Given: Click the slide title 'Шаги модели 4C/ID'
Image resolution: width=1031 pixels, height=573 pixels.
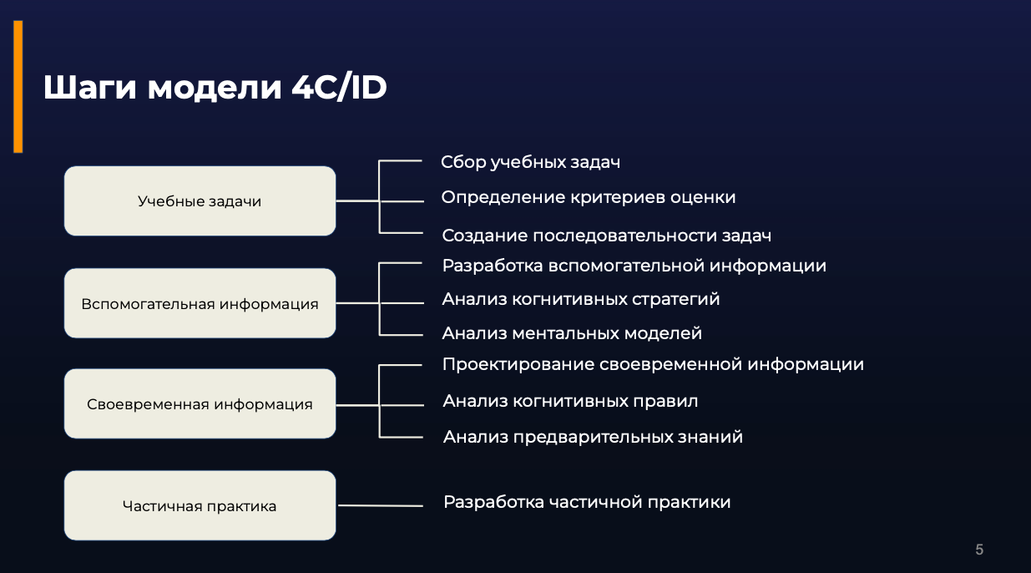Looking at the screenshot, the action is pyautogui.click(x=215, y=88).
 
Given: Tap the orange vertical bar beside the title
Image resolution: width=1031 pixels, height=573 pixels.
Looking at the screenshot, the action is pyautogui.click(x=18, y=87).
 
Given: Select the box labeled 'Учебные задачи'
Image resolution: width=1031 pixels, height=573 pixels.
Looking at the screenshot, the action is pyautogui.click(x=200, y=201).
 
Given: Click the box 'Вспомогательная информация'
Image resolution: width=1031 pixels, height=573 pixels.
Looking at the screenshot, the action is pyautogui.click(x=200, y=303).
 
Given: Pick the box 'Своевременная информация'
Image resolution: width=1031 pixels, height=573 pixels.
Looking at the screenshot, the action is pyautogui.click(x=200, y=404).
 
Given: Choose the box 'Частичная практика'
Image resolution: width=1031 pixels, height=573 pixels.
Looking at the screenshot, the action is pyautogui.click(x=200, y=505).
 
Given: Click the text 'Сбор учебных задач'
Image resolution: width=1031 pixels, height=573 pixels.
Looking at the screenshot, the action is pyautogui.click(x=530, y=163).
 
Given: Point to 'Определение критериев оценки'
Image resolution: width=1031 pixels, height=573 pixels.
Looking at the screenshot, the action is pyautogui.click(x=589, y=198).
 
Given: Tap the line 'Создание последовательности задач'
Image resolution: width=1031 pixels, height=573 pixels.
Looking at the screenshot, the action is pyautogui.click(x=607, y=236).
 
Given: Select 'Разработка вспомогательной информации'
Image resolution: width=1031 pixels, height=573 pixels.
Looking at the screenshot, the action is pyautogui.click(x=634, y=266).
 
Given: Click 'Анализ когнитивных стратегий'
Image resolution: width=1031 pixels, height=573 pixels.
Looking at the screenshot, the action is pyautogui.click(x=581, y=299).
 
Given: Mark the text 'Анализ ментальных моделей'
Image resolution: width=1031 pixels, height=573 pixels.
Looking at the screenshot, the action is pyautogui.click(x=572, y=333).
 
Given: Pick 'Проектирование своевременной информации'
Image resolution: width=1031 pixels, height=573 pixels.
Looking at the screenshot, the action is pyautogui.click(x=653, y=365).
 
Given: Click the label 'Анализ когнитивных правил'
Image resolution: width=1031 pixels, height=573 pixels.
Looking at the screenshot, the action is pyautogui.click(x=570, y=402).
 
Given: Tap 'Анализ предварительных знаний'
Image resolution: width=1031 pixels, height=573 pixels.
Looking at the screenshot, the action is pyautogui.click(x=593, y=437).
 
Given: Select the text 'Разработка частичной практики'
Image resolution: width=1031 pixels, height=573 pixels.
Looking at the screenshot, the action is pyautogui.click(x=587, y=503).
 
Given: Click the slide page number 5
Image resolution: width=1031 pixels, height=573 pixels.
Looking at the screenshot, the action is pyautogui.click(x=979, y=550).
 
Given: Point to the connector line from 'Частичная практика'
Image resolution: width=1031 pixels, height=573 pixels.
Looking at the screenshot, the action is pyautogui.click(x=381, y=505).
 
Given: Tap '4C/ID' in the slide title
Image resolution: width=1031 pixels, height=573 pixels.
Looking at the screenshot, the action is pyautogui.click(x=339, y=87).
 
